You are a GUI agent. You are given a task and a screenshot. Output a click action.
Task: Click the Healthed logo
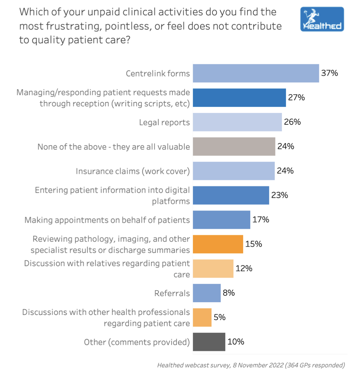click(322, 19)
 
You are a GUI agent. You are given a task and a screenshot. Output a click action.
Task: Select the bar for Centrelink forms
click(256, 73)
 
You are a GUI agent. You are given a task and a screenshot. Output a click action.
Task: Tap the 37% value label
click(330, 73)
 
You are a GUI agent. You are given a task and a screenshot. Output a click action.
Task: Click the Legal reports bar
click(237, 122)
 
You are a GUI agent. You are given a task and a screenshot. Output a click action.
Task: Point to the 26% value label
click(292, 122)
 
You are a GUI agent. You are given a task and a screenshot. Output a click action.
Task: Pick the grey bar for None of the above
click(234, 147)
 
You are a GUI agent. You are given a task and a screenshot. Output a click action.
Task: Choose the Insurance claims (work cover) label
click(133, 171)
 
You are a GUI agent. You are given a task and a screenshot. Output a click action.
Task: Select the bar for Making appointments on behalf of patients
click(221, 220)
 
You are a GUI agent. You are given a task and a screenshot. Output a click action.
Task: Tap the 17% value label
click(261, 219)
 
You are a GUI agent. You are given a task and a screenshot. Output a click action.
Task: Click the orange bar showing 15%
click(218, 244)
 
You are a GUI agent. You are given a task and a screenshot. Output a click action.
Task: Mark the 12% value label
click(244, 268)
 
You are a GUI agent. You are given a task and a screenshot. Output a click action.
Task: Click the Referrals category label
click(172, 293)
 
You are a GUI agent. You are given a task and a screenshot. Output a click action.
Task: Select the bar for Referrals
click(206, 293)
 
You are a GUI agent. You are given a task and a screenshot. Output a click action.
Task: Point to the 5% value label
click(220, 317)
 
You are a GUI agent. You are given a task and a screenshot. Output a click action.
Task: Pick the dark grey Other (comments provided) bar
click(209, 342)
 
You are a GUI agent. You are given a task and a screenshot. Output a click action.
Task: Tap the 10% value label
click(236, 342)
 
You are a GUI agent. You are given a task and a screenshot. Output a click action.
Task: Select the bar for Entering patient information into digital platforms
click(231, 195)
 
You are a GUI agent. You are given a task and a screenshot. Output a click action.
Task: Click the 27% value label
click(297, 97)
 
